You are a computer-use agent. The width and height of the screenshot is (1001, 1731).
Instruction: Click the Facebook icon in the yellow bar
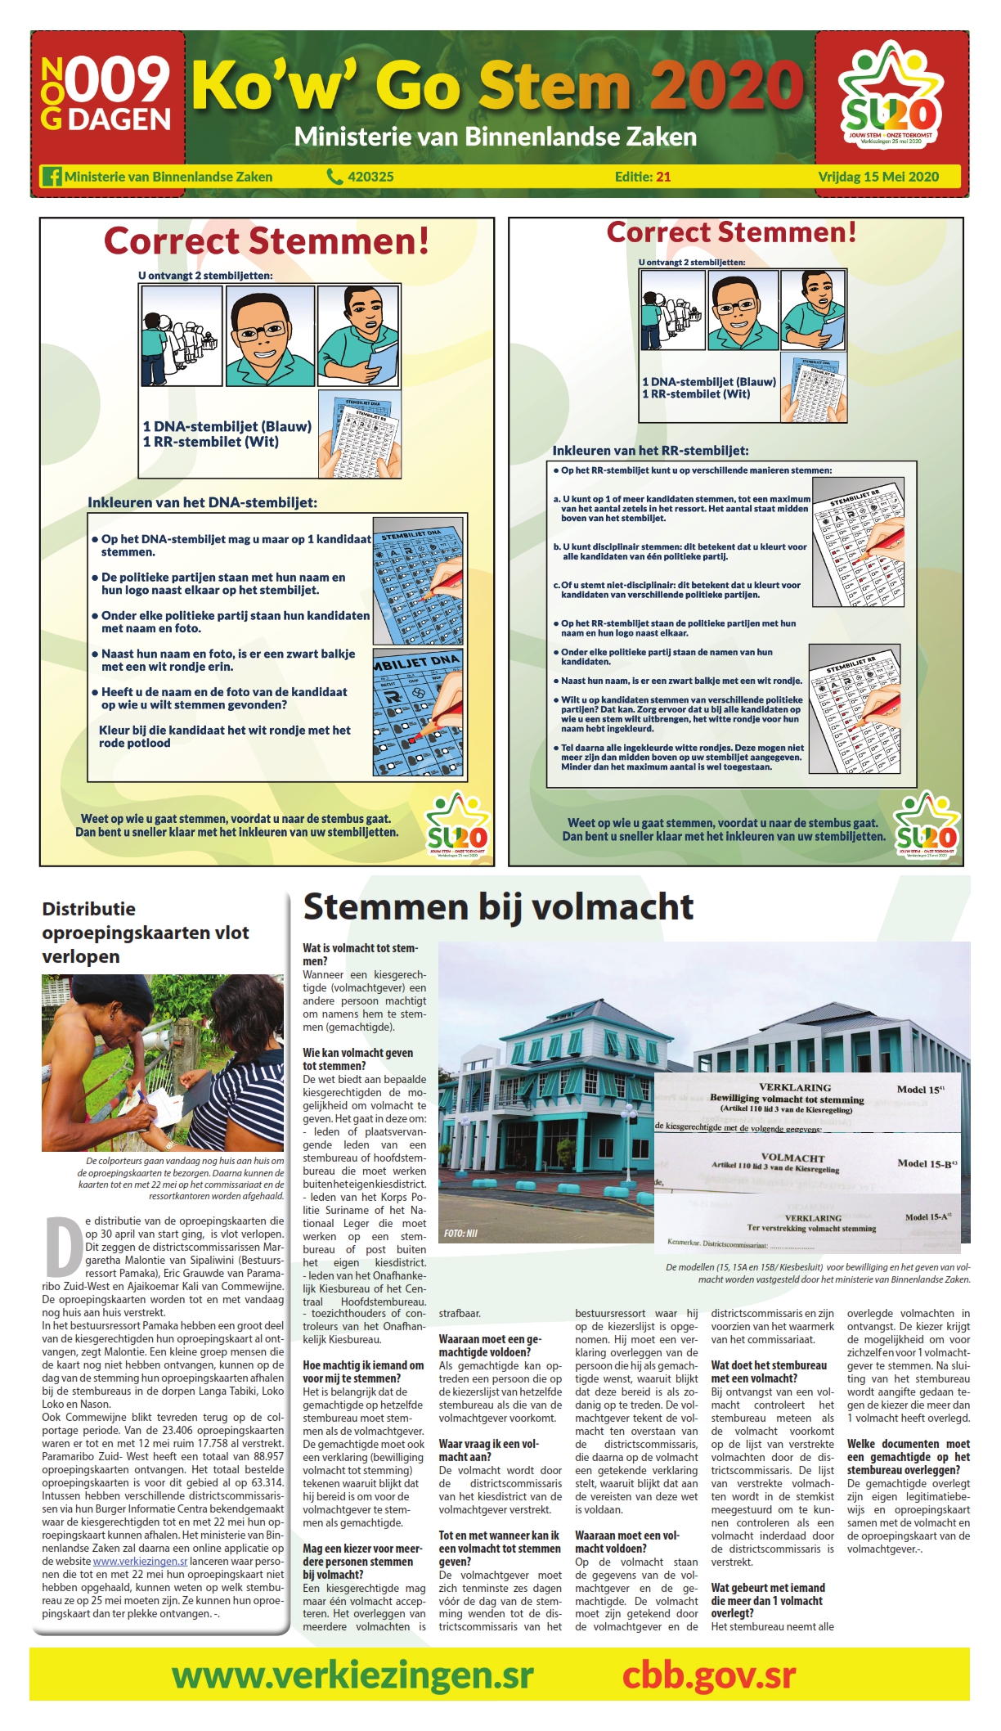(52, 177)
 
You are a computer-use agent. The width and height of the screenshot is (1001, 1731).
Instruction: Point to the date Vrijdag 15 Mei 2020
(878, 177)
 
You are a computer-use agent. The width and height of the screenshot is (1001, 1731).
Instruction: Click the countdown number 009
(118, 81)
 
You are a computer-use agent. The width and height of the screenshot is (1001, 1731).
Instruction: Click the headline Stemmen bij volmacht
(498, 907)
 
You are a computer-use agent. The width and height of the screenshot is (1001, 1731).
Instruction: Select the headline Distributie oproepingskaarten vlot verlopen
(146, 933)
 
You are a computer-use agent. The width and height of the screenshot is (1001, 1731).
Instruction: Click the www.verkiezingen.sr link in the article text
(141, 1561)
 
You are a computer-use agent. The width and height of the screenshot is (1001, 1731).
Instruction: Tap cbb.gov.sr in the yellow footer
(708, 1675)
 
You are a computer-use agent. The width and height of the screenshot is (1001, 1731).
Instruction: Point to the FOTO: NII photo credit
(461, 1233)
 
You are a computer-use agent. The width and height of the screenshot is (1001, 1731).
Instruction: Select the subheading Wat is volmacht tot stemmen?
(360, 955)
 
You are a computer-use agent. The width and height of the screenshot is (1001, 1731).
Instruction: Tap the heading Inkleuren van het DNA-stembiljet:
(203, 502)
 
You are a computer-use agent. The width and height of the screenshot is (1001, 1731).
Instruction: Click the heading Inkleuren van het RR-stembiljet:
(650, 451)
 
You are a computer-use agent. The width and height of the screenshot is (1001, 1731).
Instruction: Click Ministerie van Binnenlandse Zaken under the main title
(495, 137)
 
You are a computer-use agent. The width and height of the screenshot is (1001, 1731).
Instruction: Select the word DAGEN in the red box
(119, 120)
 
